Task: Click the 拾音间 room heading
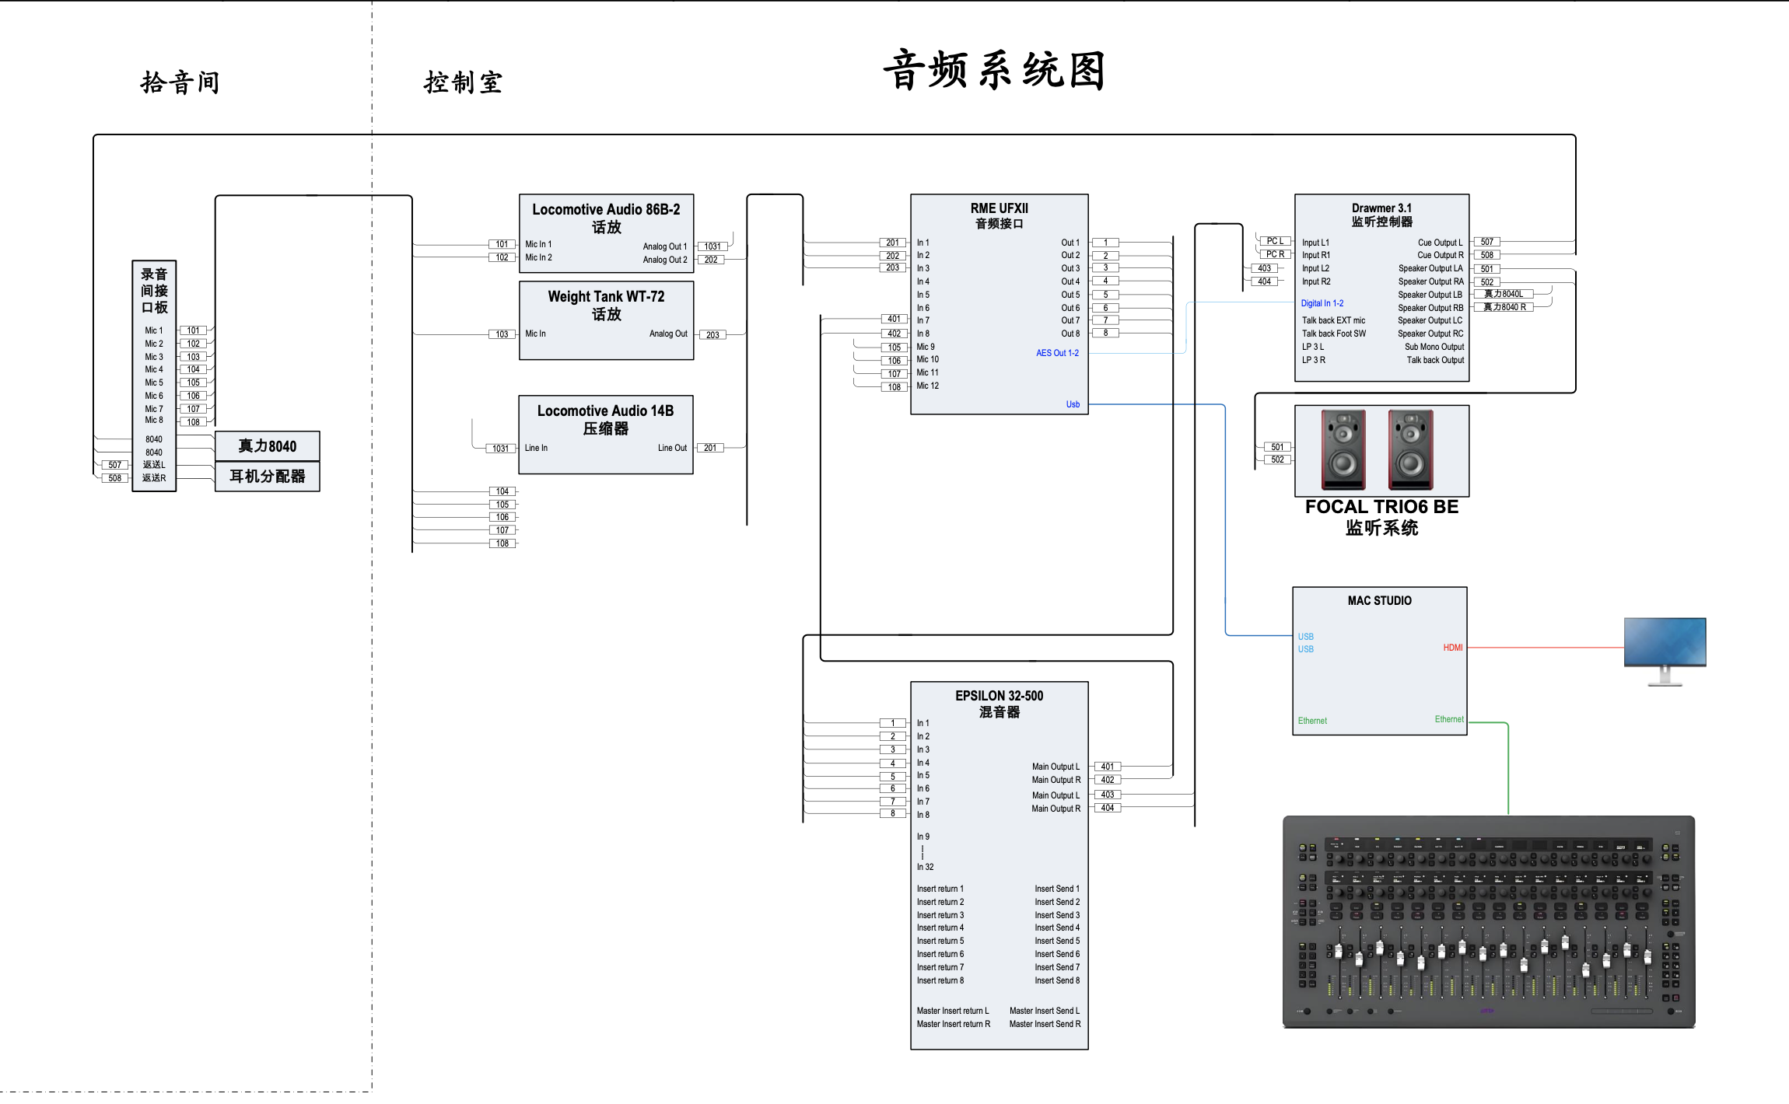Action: pos(180,82)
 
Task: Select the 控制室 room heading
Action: pos(463,82)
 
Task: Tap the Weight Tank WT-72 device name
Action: pos(606,296)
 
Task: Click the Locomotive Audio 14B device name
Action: pos(605,411)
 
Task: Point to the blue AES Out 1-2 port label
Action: pos(1057,353)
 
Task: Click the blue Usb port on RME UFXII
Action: pos(1073,404)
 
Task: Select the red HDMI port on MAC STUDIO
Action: pos(1452,648)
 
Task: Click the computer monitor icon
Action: pos(1665,649)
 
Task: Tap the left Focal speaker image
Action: pos(1343,449)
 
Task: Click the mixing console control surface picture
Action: pos(1488,921)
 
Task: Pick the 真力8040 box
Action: pos(267,446)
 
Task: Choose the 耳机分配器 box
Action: pos(267,476)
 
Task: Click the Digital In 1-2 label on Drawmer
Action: pos(1322,303)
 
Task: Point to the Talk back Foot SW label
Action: pos(1334,334)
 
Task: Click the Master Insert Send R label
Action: pos(1045,1024)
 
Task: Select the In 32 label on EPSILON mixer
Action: pos(925,867)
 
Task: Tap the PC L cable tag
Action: pos(1275,241)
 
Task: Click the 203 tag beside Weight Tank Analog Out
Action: pos(712,335)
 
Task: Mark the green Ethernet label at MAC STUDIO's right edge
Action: pos(1448,719)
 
